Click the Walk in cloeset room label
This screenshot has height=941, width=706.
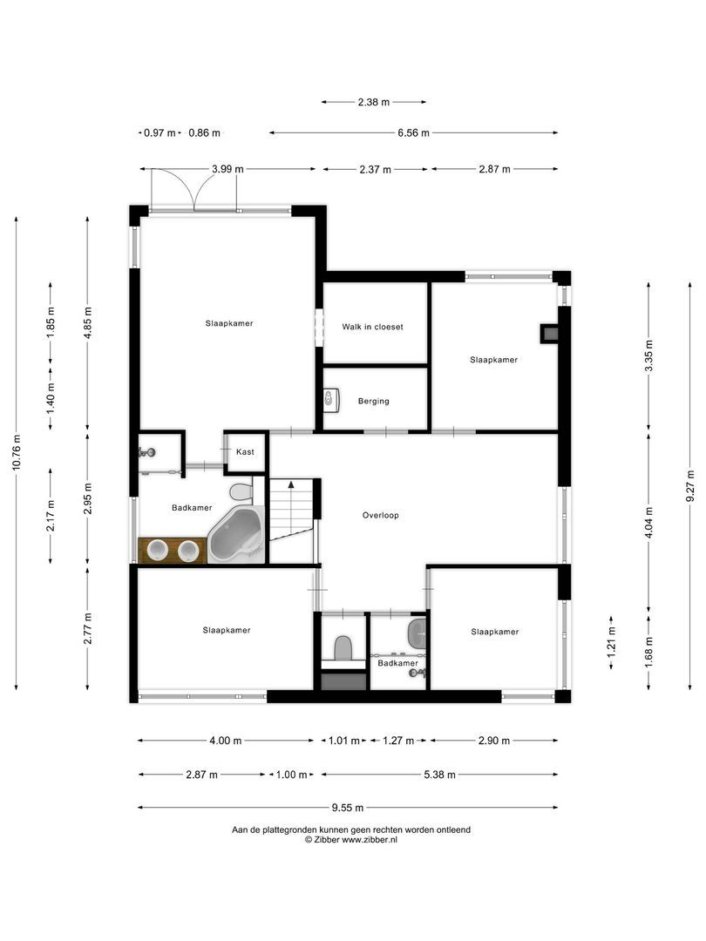pyautogui.click(x=373, y=327)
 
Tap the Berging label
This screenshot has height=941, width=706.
pyautogui.click(x=373, y=402)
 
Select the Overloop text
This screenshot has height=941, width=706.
pyautogui.click(x=380, y=515)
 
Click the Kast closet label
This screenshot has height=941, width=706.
pyautogui.click(x=245, y=452)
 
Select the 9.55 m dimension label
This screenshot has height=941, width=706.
pyautogui.click(x=346, y=808)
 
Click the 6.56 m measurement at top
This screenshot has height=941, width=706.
pyautogui.click(x=413, y=133)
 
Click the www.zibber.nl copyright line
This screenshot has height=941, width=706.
pyautogui.click(x=351, y=840)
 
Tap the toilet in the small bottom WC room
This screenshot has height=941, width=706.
pyautogui.click(x=343, y=647)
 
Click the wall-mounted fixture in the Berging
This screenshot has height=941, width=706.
pyautogui.click(x=329, y=400)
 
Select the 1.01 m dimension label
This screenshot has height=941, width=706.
pyautogui.click(x=343, y=741)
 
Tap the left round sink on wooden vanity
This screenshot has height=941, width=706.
pyautogui.click(x=158, y=551)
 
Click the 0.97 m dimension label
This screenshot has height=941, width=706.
pyautogui.click(x=159, y=133)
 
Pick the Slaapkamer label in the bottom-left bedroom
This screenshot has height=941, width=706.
pyautogui.click(x=226, y=630)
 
